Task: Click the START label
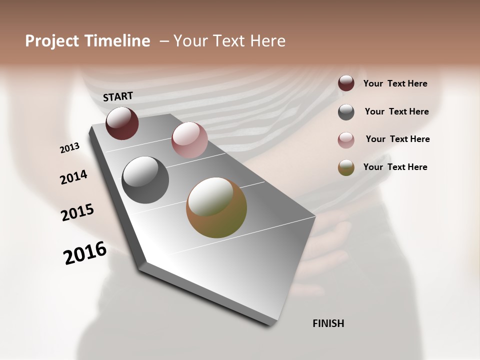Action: [118, 96]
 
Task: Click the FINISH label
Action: [328, 323]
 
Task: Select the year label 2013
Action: [70, 148]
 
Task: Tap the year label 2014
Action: [74, 177]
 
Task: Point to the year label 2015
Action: [77, 212]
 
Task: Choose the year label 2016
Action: [85, 253]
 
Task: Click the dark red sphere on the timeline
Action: [122, 123]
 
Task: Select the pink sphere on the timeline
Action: [189, 140]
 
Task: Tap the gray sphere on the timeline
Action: [145, 180]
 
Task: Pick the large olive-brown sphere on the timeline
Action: [216, 207]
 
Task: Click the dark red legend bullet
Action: [346, 83]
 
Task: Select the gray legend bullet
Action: [346, 112]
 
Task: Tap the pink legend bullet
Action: [346, 140]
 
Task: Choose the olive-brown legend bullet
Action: [346, 167]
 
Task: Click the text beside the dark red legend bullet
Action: [395, 83]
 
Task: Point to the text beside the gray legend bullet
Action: [396, 111]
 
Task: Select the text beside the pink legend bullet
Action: [397, 139]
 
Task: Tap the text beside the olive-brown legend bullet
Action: [395, 167]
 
